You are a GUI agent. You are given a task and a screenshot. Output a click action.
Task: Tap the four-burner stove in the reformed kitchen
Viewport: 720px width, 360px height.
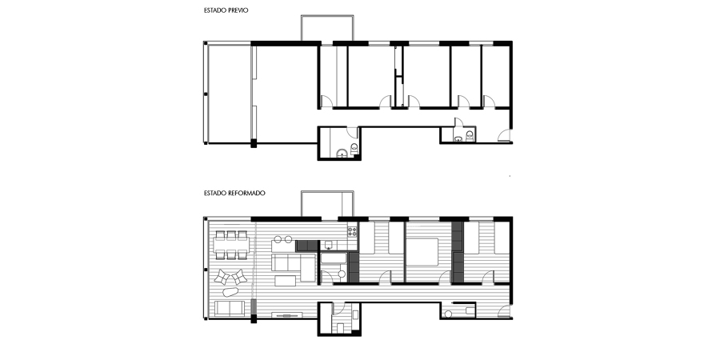click(351, 231)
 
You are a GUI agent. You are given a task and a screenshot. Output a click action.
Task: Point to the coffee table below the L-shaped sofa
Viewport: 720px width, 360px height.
click(286, 281)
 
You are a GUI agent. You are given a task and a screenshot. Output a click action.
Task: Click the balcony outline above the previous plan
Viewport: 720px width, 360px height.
click(326, 26)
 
